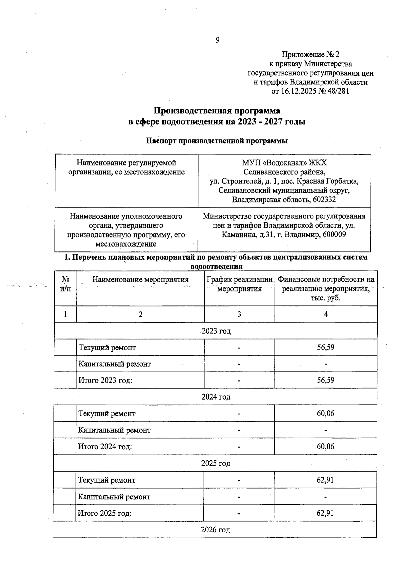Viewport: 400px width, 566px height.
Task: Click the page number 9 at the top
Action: (x=217, y=40)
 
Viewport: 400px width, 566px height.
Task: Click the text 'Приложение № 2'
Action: (x=310, y=54)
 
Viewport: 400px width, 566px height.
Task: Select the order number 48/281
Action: (x=338, y=91)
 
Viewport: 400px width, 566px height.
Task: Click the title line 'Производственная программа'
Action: (x=217, y=111)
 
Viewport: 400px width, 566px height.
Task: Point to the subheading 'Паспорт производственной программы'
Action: (x=217, y=141)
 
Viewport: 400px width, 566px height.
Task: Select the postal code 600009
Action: (x=334, y=234)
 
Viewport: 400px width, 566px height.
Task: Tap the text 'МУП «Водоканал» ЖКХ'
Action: (x=284, y=163)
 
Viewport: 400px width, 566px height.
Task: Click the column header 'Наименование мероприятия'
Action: (x=140, y=279)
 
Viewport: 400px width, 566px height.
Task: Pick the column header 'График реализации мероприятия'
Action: (x=239, y=284)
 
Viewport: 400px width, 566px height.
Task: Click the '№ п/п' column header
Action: (x=66, y=284)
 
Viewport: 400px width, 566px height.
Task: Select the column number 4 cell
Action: (x=326, y=314)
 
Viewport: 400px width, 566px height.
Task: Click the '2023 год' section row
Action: (x=216, y=331)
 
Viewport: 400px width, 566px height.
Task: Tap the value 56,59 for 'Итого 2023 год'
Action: (x=325, y=380)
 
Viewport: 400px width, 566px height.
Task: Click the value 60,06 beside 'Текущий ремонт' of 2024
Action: (x=325, y=414)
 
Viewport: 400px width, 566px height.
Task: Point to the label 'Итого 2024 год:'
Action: (x=105, y=447)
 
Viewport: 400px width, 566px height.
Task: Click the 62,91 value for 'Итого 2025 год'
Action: (x=325, y=513)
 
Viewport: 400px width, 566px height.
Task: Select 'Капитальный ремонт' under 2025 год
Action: (x=114, y=497)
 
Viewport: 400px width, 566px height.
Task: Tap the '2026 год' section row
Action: (x=215, y=530)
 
